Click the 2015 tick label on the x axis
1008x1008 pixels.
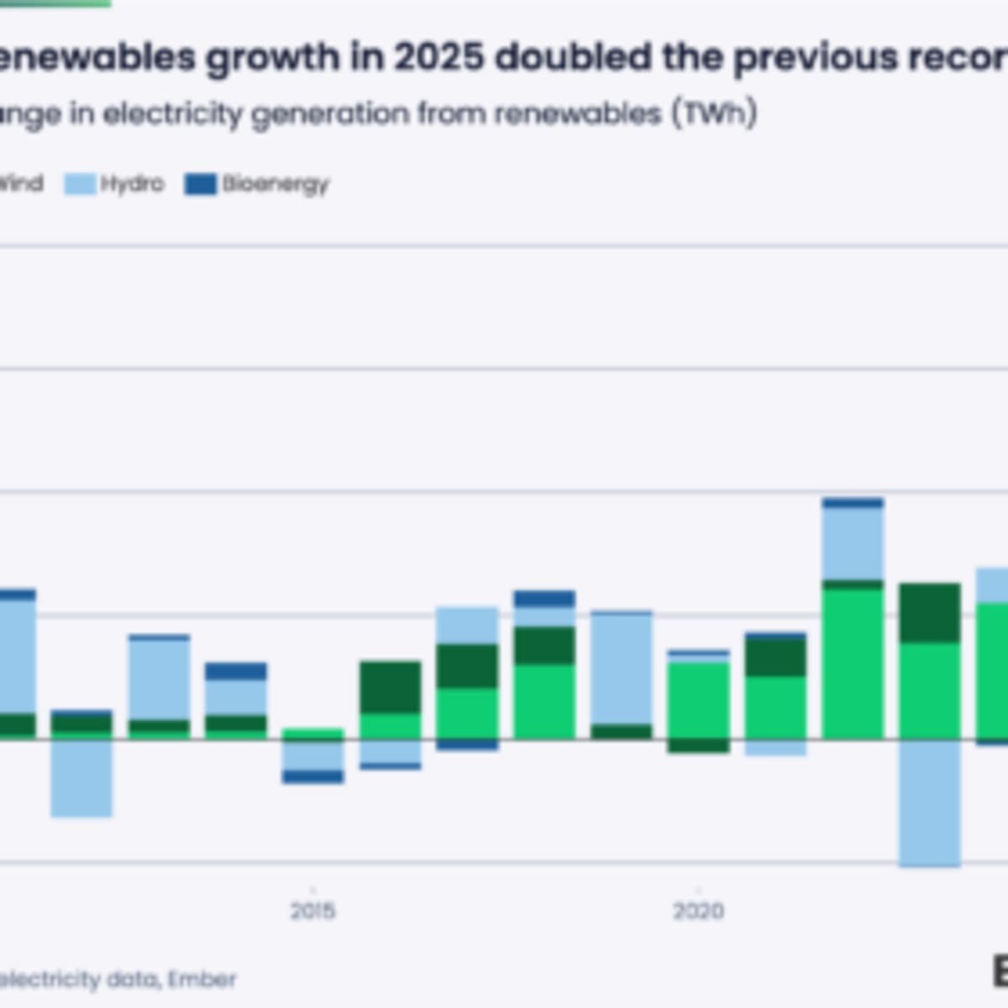click(312, 911)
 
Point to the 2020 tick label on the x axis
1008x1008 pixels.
click(698, 911)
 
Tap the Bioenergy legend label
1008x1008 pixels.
click(276, 184)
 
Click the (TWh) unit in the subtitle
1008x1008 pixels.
click(714, 113)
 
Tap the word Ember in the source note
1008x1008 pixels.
click(202, 979)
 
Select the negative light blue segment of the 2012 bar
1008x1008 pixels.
click(81, 778)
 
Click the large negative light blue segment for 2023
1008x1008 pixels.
click(929, 802)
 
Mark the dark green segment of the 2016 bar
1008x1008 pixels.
click(391, 687)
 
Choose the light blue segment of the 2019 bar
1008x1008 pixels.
click(622, 669)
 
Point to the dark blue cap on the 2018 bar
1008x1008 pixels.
click(544, 599)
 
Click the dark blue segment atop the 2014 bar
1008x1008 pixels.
click(236, 671)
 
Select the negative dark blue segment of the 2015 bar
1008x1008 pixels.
click(312, 776)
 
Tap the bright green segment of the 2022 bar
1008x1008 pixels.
click(853, 664)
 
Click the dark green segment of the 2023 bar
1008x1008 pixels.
click(929, 613)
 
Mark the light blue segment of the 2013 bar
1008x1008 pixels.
click(159, 680)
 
